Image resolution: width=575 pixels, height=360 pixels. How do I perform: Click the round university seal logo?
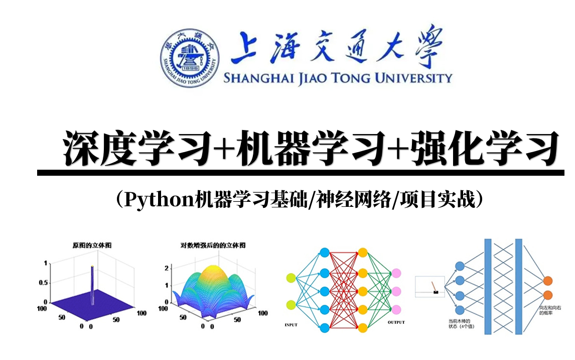190,56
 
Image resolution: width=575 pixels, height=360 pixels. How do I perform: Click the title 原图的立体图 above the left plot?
92,246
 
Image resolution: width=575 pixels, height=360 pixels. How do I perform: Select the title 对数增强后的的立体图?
213,246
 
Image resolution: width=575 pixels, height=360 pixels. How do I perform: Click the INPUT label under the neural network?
291,325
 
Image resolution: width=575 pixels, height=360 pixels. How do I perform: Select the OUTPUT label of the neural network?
396,322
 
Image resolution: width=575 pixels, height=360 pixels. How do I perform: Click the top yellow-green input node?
292,278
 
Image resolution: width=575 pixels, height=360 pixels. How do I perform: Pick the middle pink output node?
396,291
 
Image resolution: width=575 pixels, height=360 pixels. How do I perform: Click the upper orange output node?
548,281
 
